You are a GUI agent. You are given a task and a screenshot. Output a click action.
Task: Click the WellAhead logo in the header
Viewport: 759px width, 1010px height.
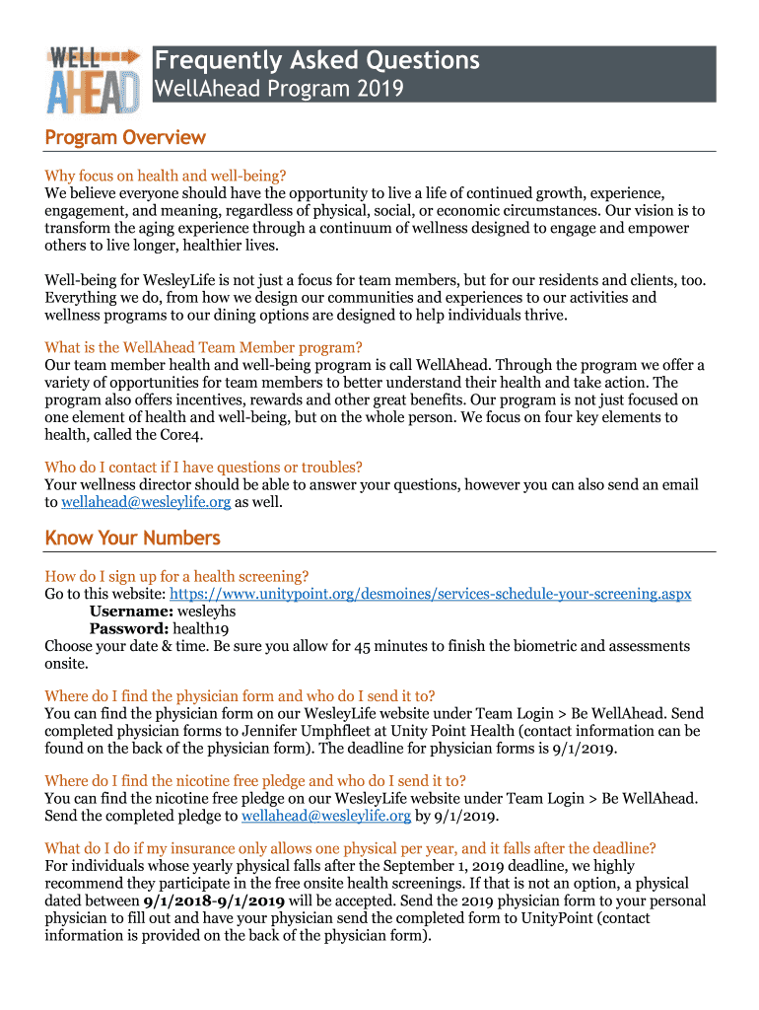coord(93,78)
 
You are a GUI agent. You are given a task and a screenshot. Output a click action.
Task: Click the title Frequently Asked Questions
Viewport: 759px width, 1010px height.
coord(316,61)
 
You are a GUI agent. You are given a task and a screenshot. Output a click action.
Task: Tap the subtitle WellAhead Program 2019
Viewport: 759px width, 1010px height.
coord(278,90)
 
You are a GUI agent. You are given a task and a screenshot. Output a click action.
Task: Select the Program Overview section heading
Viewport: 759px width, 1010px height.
coord(125,137)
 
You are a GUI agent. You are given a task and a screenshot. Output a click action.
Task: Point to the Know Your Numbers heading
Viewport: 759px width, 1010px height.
coord(132,538)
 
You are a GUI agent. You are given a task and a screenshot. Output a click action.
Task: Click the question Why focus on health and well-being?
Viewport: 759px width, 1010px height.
coord(166,176)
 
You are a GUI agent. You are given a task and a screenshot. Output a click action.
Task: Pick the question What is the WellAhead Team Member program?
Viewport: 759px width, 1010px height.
coord(204,347)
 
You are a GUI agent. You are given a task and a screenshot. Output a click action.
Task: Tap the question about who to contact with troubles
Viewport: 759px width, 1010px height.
coord(203,468)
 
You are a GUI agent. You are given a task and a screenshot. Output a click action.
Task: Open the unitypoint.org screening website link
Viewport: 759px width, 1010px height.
coord(431,594)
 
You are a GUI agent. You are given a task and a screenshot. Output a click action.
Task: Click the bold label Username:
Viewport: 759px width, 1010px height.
coord(130,612)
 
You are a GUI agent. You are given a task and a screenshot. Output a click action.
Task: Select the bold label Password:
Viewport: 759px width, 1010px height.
coord(129,629)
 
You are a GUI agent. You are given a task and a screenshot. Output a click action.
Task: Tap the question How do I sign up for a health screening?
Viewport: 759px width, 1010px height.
coord(177,576)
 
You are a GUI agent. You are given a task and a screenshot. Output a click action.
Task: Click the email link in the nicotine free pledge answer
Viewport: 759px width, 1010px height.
coord(326,817)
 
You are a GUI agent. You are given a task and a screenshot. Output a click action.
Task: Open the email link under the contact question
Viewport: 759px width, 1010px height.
coord(146,503)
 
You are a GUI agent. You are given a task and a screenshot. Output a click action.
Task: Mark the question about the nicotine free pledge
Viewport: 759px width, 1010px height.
coord(255,780)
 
